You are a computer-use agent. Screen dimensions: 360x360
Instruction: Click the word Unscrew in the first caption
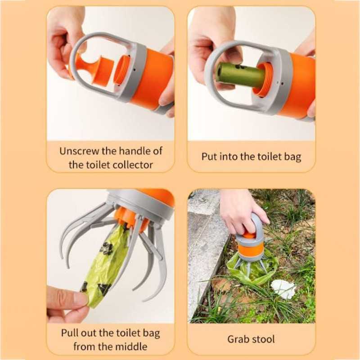pos(79,151)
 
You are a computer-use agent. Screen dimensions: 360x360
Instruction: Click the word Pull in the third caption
pos(68,333)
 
